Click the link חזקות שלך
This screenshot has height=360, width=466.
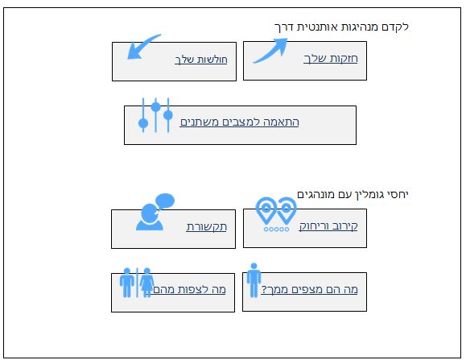(x=331, y=58)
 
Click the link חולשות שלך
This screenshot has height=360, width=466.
(x=201, y=60)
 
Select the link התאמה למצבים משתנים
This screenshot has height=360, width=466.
(x=240, y=122)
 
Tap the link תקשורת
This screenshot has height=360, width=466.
(x=207, y=227)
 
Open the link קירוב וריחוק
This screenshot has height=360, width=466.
(x=328, y=226)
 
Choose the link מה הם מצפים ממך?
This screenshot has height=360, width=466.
(x=309, y=289)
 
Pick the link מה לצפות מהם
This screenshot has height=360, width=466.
(x=189, y=290)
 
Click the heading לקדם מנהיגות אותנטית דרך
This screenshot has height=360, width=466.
(x=341, y=27)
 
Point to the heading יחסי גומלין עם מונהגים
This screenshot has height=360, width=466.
(x=353, y=195)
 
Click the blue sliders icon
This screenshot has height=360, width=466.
(x=155, y=115)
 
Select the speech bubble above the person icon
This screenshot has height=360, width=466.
(x=165, y=201)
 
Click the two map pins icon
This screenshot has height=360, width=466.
(x=276, y=209)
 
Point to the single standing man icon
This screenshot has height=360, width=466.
(x=254, y=280)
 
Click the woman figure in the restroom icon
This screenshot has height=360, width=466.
(x=146, y=283)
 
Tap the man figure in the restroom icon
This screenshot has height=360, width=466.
(x=127, y=283)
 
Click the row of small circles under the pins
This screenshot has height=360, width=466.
(x=276, y=230)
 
